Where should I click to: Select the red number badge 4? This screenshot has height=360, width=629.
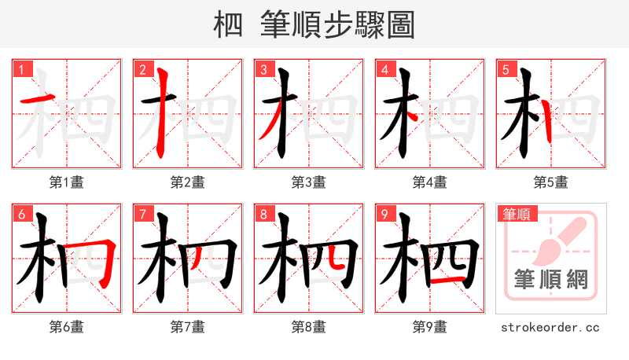click(x=384, y=70)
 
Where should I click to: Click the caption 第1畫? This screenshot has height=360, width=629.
click(x=67, y=182)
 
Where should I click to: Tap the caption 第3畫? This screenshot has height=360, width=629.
click(x=309, y=182)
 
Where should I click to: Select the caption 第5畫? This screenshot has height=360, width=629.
click(x=551, y=182)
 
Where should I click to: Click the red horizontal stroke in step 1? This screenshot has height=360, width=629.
click(x=38, y=99)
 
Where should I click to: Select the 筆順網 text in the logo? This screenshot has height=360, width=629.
click(x=551, y=279)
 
